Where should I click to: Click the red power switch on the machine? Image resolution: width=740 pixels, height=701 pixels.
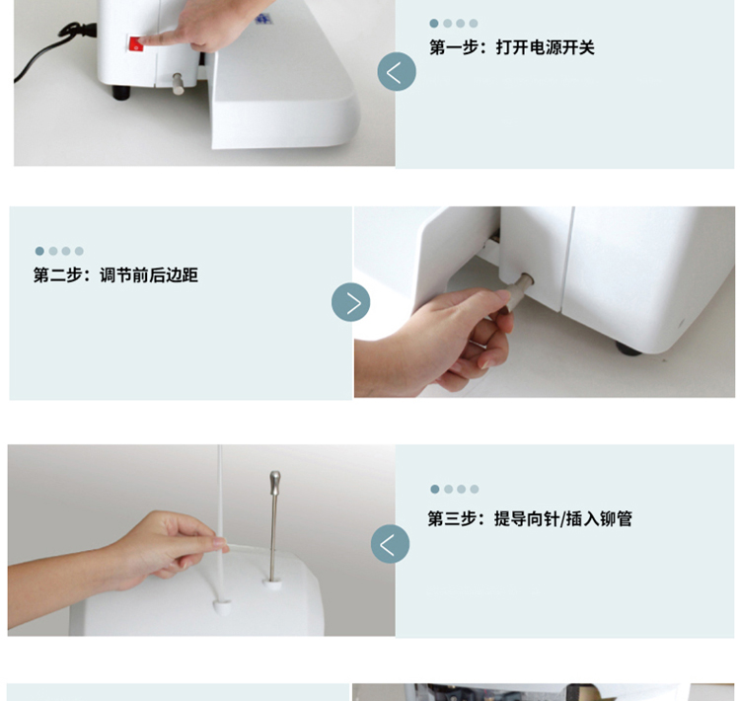[x=136, y=43]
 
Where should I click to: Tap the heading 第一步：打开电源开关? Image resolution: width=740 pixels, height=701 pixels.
[x=511, y=47]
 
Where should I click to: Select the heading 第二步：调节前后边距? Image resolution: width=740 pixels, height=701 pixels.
[x=115, y=274]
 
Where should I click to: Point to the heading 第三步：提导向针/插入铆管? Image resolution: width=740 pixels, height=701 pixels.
[x=530, y=518]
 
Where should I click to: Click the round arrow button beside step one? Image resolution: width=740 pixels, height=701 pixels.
[x=397, y=72]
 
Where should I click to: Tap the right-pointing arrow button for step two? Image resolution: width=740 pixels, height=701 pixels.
[x=350, y=302]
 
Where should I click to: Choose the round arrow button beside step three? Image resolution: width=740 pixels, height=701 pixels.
[x=390, y=544]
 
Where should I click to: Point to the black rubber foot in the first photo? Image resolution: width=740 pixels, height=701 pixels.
[x=120, y=92]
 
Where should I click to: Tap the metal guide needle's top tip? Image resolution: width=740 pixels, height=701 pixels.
[x=274, y=472]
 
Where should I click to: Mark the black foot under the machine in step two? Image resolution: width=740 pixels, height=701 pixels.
[x=629, y=350]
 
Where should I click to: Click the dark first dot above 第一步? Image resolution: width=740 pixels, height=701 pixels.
[x=434, y=23]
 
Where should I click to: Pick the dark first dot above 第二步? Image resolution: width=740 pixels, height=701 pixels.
[x=39, y=251]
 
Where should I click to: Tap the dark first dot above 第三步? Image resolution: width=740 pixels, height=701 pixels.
[x=435, y=489]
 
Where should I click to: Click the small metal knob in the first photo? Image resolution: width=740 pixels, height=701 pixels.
[x=178, y=84]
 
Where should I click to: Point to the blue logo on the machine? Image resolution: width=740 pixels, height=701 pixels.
[x=260, y=19]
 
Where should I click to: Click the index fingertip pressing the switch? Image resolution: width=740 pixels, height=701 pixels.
[x=144, y=41]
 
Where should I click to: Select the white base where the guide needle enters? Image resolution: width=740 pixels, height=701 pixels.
[x=272, y=584]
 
